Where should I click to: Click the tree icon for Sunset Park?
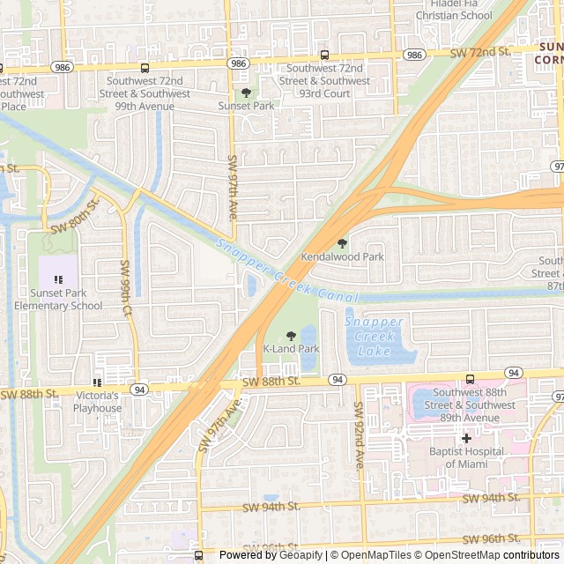click(x=246, y=92)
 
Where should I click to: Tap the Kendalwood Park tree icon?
click(x=343, y=243)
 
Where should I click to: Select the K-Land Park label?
click(x=291, y=349)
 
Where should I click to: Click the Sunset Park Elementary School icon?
click(x=58, y=279)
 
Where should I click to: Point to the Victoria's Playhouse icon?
click(x=98, y=382)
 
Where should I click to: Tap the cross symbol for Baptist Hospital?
click(x=466, y=438)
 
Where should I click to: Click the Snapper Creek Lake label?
click(x=375, y=335)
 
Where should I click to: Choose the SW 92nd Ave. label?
click(x=359, y=435)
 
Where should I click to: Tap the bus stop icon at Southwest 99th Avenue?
click(x=145, y=68)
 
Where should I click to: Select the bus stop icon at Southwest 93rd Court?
click(x=324, y=55)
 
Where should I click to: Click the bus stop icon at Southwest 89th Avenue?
click(x=470, y=378)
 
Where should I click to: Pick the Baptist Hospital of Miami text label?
click(x=466, y=457)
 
